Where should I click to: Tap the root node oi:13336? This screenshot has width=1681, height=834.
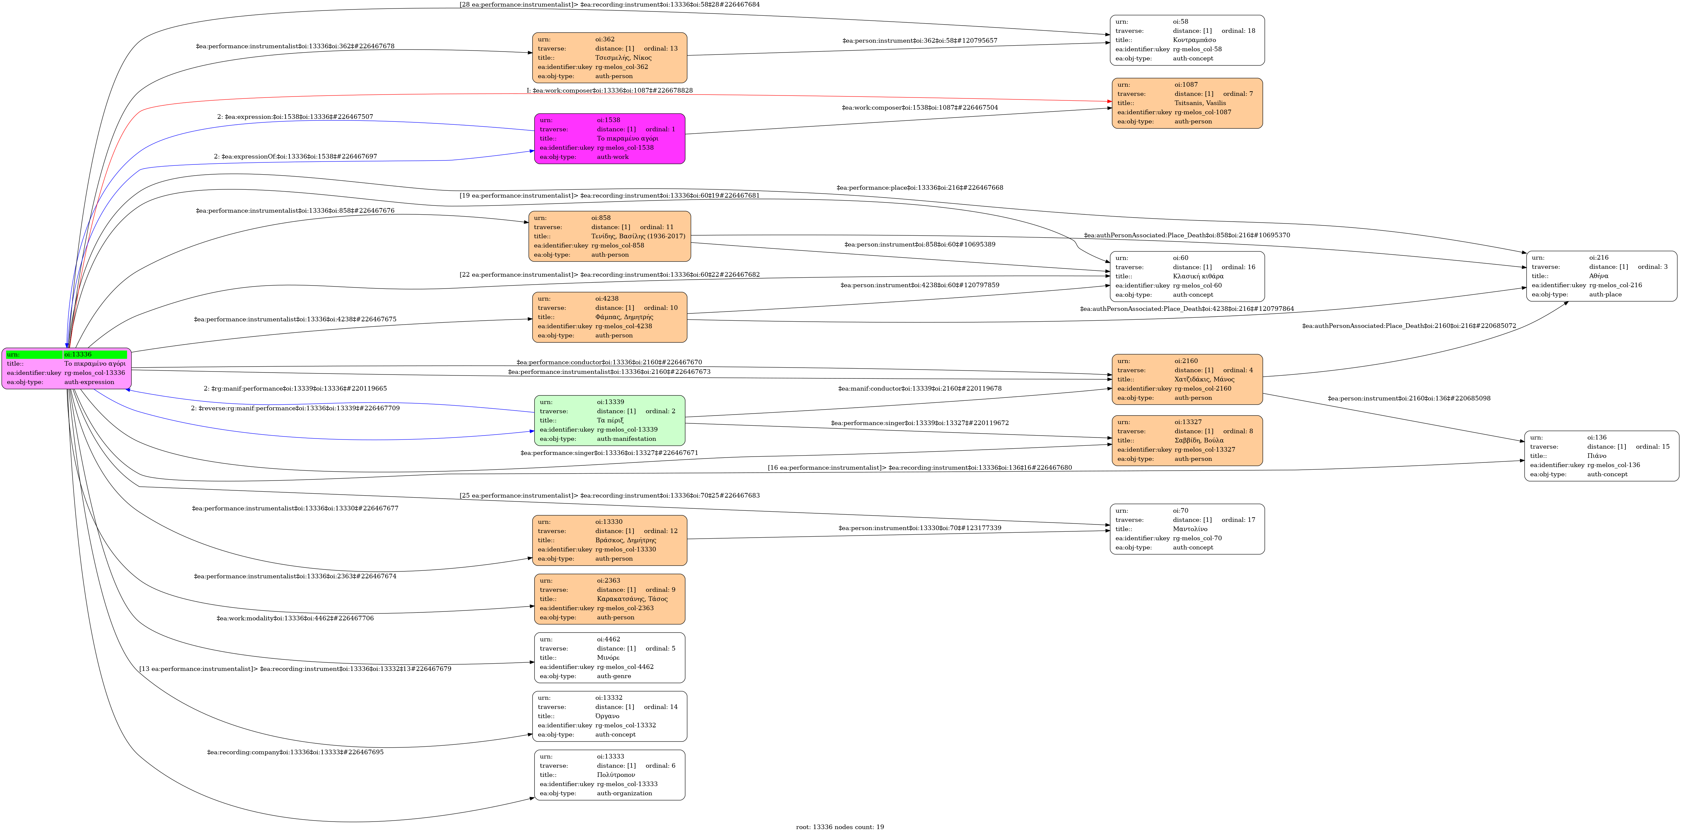(x=67, y=368)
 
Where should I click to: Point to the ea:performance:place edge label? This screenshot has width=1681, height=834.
(x=919, y=188)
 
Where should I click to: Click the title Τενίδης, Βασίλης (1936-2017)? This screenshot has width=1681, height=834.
(x=637, y=236)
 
